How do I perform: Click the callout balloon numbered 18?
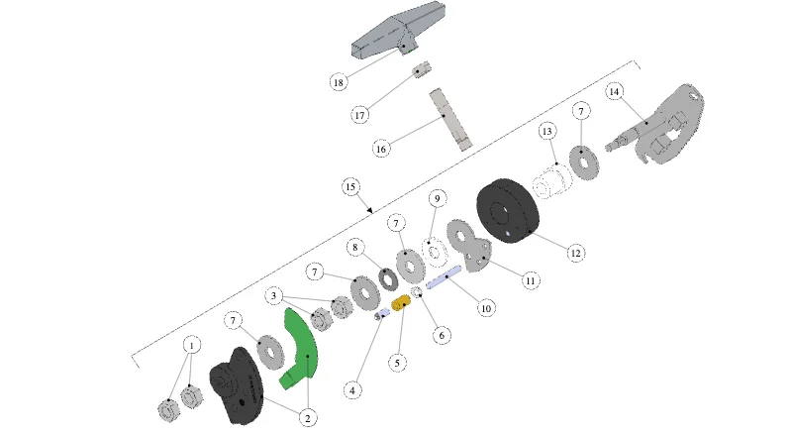339,82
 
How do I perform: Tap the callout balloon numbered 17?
359,115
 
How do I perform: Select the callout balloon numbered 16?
381,149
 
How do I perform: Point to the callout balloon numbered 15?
351,187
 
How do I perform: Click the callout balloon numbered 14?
614,91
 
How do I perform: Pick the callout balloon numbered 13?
547,132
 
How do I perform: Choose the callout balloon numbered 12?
576,253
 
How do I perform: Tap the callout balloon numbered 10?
486,308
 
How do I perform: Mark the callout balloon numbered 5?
398,363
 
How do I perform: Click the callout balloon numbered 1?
191,346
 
